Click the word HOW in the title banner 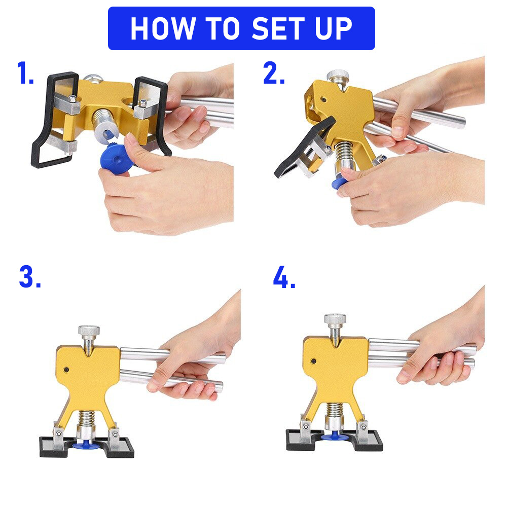[x=163, y=28]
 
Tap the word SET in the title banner [x=278, y=28]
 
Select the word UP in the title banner [x=334, y=28]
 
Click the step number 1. [x=25, y=73]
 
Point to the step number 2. [x=274, y=73]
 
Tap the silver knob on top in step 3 [x=89, y=332]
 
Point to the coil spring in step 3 [x=86, y=418]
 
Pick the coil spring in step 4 [x=334, y=410]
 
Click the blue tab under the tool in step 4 [x=335, y=437]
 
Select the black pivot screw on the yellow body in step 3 [x=66, y=370]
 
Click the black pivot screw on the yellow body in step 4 [x=313, y=361]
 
